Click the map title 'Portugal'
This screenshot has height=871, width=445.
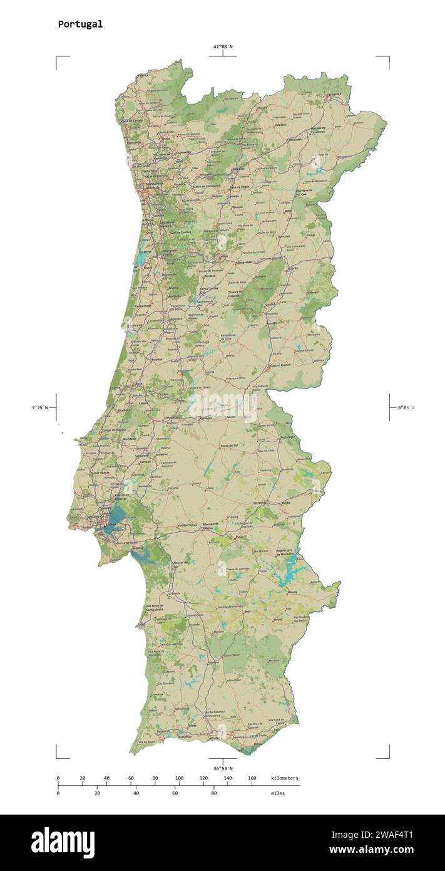pos(80,24)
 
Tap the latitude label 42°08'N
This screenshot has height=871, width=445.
pos(222,46)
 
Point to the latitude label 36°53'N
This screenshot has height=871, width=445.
pos(222,768)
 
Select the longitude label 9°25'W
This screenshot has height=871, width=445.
pos(40,408)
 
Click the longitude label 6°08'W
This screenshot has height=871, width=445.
pos(406,408)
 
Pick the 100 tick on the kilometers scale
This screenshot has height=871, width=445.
pos(179,778)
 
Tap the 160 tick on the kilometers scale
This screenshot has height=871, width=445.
pos(252,778)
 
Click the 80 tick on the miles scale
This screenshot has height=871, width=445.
pos(214,793)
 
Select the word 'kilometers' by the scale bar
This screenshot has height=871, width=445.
pos(285,778)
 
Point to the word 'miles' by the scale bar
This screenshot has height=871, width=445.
pos(277,793)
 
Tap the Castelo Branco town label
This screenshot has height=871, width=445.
pos(280,365)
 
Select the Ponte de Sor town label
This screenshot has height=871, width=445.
pos(229,446)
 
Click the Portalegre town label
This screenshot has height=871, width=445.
pos(287,437)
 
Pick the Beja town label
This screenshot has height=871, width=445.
pos(247,611)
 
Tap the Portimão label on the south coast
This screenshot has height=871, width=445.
pos(185,737)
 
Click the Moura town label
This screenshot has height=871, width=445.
pos(292,592)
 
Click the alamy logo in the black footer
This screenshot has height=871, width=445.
pos(63,842)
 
